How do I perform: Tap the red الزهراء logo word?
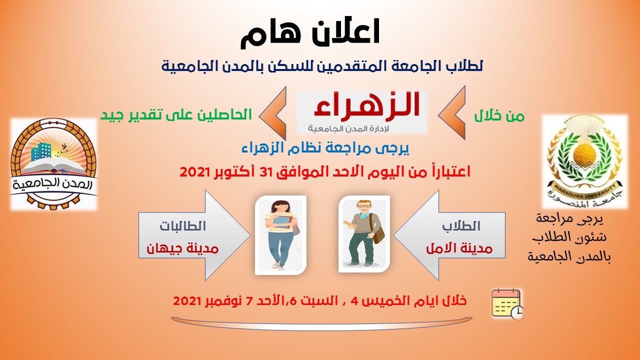(x=367, y=104)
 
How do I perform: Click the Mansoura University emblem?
(x=584, y=161)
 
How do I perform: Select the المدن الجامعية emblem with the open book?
(x=53, y=164)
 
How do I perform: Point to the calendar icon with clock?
(x=508, y=303)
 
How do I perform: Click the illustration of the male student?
(x=364, y=233)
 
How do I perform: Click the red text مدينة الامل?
(x=459, y=248)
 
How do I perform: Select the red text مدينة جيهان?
(x=182, y=248)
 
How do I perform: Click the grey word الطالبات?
(x=183, y=226)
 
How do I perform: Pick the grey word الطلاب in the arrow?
(x=461, y=226)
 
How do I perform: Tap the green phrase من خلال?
(x=499, y=116)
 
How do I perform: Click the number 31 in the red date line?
(x=265, y=172)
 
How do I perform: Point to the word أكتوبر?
(x=232, y=172)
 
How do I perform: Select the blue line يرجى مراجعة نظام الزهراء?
(x=325, y=148)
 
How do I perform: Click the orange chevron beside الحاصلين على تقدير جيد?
(x=272, y=113)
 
